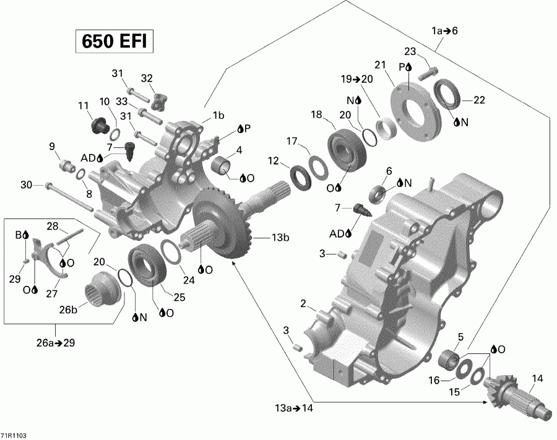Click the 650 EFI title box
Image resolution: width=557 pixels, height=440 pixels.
pyautogui.click(x=113, y=42)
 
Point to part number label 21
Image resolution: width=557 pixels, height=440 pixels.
pyautogui.click(x=380, y=65)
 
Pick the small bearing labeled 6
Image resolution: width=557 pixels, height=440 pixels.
pyautogui.click(x=377, y=193)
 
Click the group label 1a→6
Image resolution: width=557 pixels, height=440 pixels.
pyautogui.click(x=444, y=31)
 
